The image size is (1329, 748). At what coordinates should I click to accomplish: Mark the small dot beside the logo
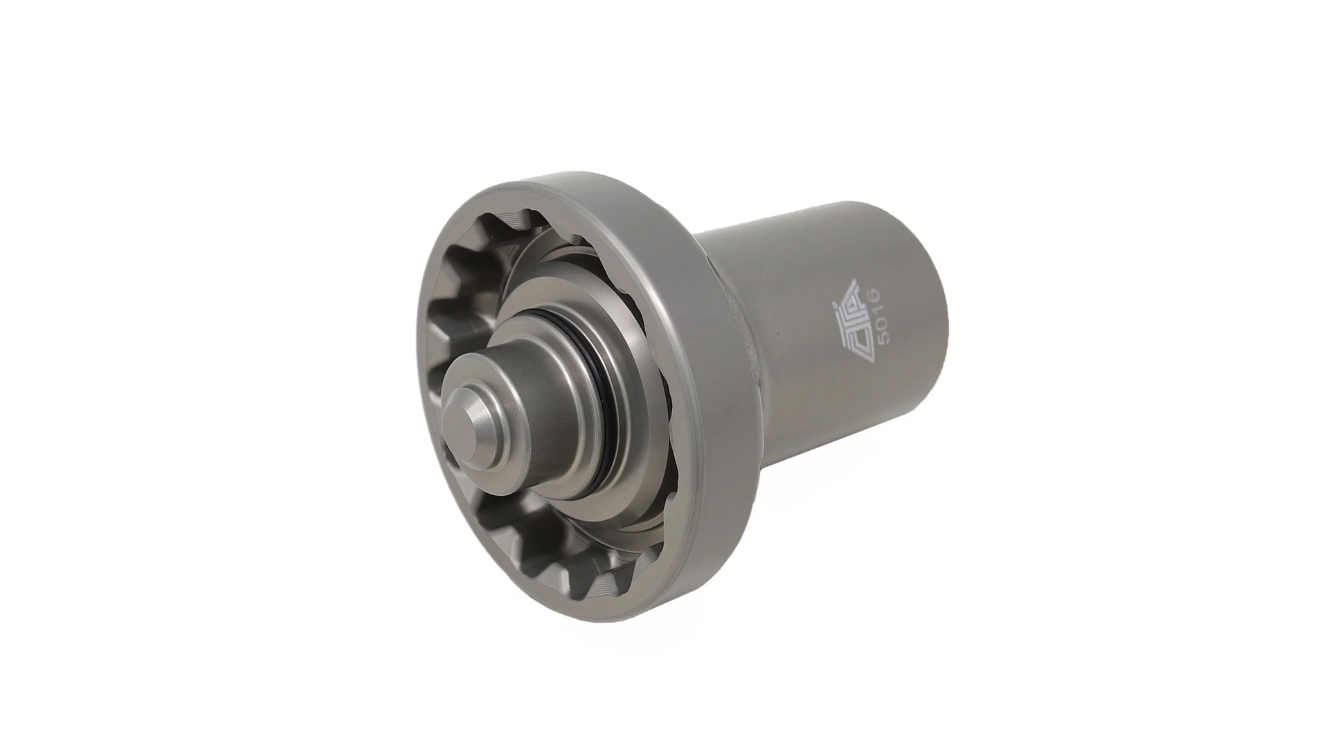(x=834, y=304)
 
